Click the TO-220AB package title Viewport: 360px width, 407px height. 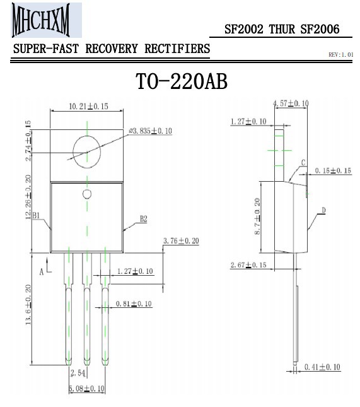tap(182, 82)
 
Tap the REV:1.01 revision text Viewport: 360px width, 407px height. tap(341, 54)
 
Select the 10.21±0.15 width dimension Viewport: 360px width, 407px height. tap(88, 107)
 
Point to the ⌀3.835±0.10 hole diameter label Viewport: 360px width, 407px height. tap(151, 131)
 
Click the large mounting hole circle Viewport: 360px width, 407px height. tap(73, 152)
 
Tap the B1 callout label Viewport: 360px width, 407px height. tap(36, 215)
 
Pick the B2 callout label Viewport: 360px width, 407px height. tap(143, 219)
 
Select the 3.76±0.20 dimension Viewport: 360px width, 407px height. tap(181, 240)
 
